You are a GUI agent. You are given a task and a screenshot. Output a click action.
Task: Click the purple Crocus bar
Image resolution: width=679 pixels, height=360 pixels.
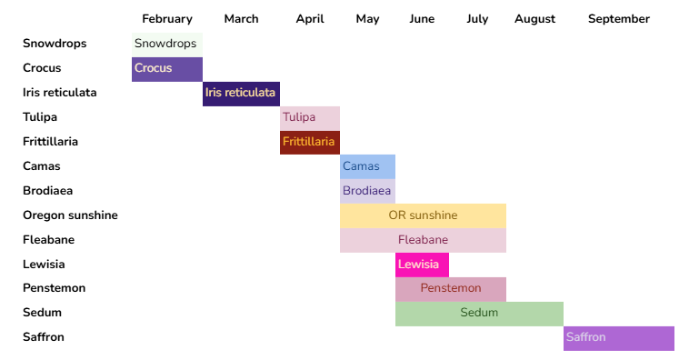pos(167,68)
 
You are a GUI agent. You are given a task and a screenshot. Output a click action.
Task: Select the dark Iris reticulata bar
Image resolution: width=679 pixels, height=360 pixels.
pos(241,93)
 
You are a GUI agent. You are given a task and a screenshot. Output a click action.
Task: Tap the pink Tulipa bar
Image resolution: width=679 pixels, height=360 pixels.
pos(310,117)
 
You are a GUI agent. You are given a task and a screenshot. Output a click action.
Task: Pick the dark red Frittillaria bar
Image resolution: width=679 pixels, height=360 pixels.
pos(310,142)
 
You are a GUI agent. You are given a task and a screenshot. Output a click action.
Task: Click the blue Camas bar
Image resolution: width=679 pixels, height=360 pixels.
pos(367,166)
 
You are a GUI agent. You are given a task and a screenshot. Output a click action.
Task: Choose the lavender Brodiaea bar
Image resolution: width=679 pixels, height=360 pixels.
pos(367,191)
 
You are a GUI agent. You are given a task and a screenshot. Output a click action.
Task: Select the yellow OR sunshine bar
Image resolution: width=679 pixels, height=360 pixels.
pos(423,215)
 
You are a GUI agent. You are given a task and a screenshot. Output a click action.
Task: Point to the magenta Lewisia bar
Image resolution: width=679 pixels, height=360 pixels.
pos(422,265)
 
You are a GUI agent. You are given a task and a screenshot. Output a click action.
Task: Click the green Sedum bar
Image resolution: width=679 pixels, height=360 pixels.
pos(479,313)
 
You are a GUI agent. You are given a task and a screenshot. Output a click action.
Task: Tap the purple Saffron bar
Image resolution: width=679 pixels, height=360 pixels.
pos(618,337)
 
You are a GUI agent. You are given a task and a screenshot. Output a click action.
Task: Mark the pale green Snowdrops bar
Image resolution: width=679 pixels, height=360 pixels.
pos(167,44)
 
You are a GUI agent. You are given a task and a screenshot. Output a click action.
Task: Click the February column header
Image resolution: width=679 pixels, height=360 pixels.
pos(167,18)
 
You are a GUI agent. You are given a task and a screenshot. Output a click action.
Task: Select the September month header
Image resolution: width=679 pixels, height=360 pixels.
pos(618,18)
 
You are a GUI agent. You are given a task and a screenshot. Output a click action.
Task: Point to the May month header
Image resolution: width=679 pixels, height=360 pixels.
pos(367,18)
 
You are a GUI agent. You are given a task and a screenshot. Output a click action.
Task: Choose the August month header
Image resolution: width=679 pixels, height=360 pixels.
pos(534,18)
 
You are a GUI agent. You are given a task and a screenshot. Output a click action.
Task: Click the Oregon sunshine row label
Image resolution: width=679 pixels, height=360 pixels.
pos(70,215)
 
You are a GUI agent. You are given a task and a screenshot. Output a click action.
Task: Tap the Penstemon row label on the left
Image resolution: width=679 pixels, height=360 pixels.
pos(54,288)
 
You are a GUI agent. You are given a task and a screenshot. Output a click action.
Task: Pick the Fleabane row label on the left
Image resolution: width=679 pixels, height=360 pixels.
pos(48,240)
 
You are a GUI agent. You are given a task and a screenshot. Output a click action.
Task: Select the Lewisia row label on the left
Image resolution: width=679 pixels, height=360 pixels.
pos(45,265)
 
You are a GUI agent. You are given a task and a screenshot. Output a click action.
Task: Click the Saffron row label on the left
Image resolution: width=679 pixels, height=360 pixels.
pos(43,337)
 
